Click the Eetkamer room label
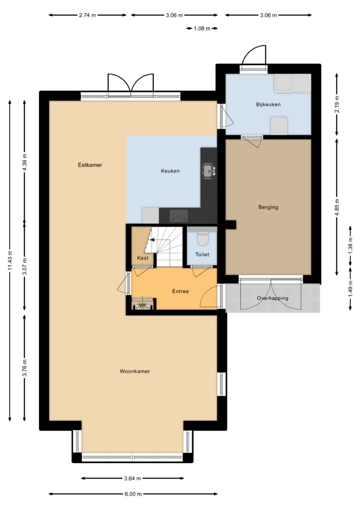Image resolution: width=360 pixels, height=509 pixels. click(x=90, y=165)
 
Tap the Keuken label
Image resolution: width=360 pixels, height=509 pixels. click(x=170, y=171)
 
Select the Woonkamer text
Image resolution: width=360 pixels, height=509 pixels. click(x=135, y=371)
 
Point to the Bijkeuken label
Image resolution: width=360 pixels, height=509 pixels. click(x=268, y=105)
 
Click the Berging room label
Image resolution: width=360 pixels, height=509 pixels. click(x=268, y=207)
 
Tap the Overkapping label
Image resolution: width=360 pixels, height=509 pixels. click(x=272, y=298)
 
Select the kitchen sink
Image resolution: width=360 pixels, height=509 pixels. click(x=208, y=171)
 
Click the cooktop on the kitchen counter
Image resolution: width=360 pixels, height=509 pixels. click(x=179, y=215)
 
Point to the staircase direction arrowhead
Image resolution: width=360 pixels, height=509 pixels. click(x=151, y=240)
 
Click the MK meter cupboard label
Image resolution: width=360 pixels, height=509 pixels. click(x=142, y=305)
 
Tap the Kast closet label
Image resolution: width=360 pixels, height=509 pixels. click(x=142, y=258)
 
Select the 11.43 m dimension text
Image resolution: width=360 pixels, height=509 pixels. click(x=10, y=260)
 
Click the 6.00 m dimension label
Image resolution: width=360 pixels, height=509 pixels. click(x=133, y=494)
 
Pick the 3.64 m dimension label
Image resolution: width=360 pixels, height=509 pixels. click(x=133, y=478)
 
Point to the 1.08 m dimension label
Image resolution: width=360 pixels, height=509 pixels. click(x=202, y=28)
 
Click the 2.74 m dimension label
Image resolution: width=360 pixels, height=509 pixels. click(x=87, y=15)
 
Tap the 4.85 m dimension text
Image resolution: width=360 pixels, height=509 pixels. click(x=337, y=207)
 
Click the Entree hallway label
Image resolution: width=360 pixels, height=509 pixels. click(x=180, y=292)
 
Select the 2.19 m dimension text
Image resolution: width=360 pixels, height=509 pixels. click(x=337, y=105)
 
